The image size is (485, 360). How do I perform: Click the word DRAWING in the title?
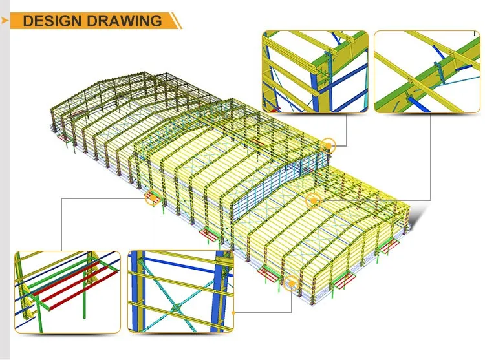125,20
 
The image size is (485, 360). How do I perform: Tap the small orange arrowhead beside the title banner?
5,20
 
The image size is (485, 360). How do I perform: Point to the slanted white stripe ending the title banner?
177,20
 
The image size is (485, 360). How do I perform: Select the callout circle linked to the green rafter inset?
313,199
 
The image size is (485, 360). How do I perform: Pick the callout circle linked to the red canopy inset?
153,198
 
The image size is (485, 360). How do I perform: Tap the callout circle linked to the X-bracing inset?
292,282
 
